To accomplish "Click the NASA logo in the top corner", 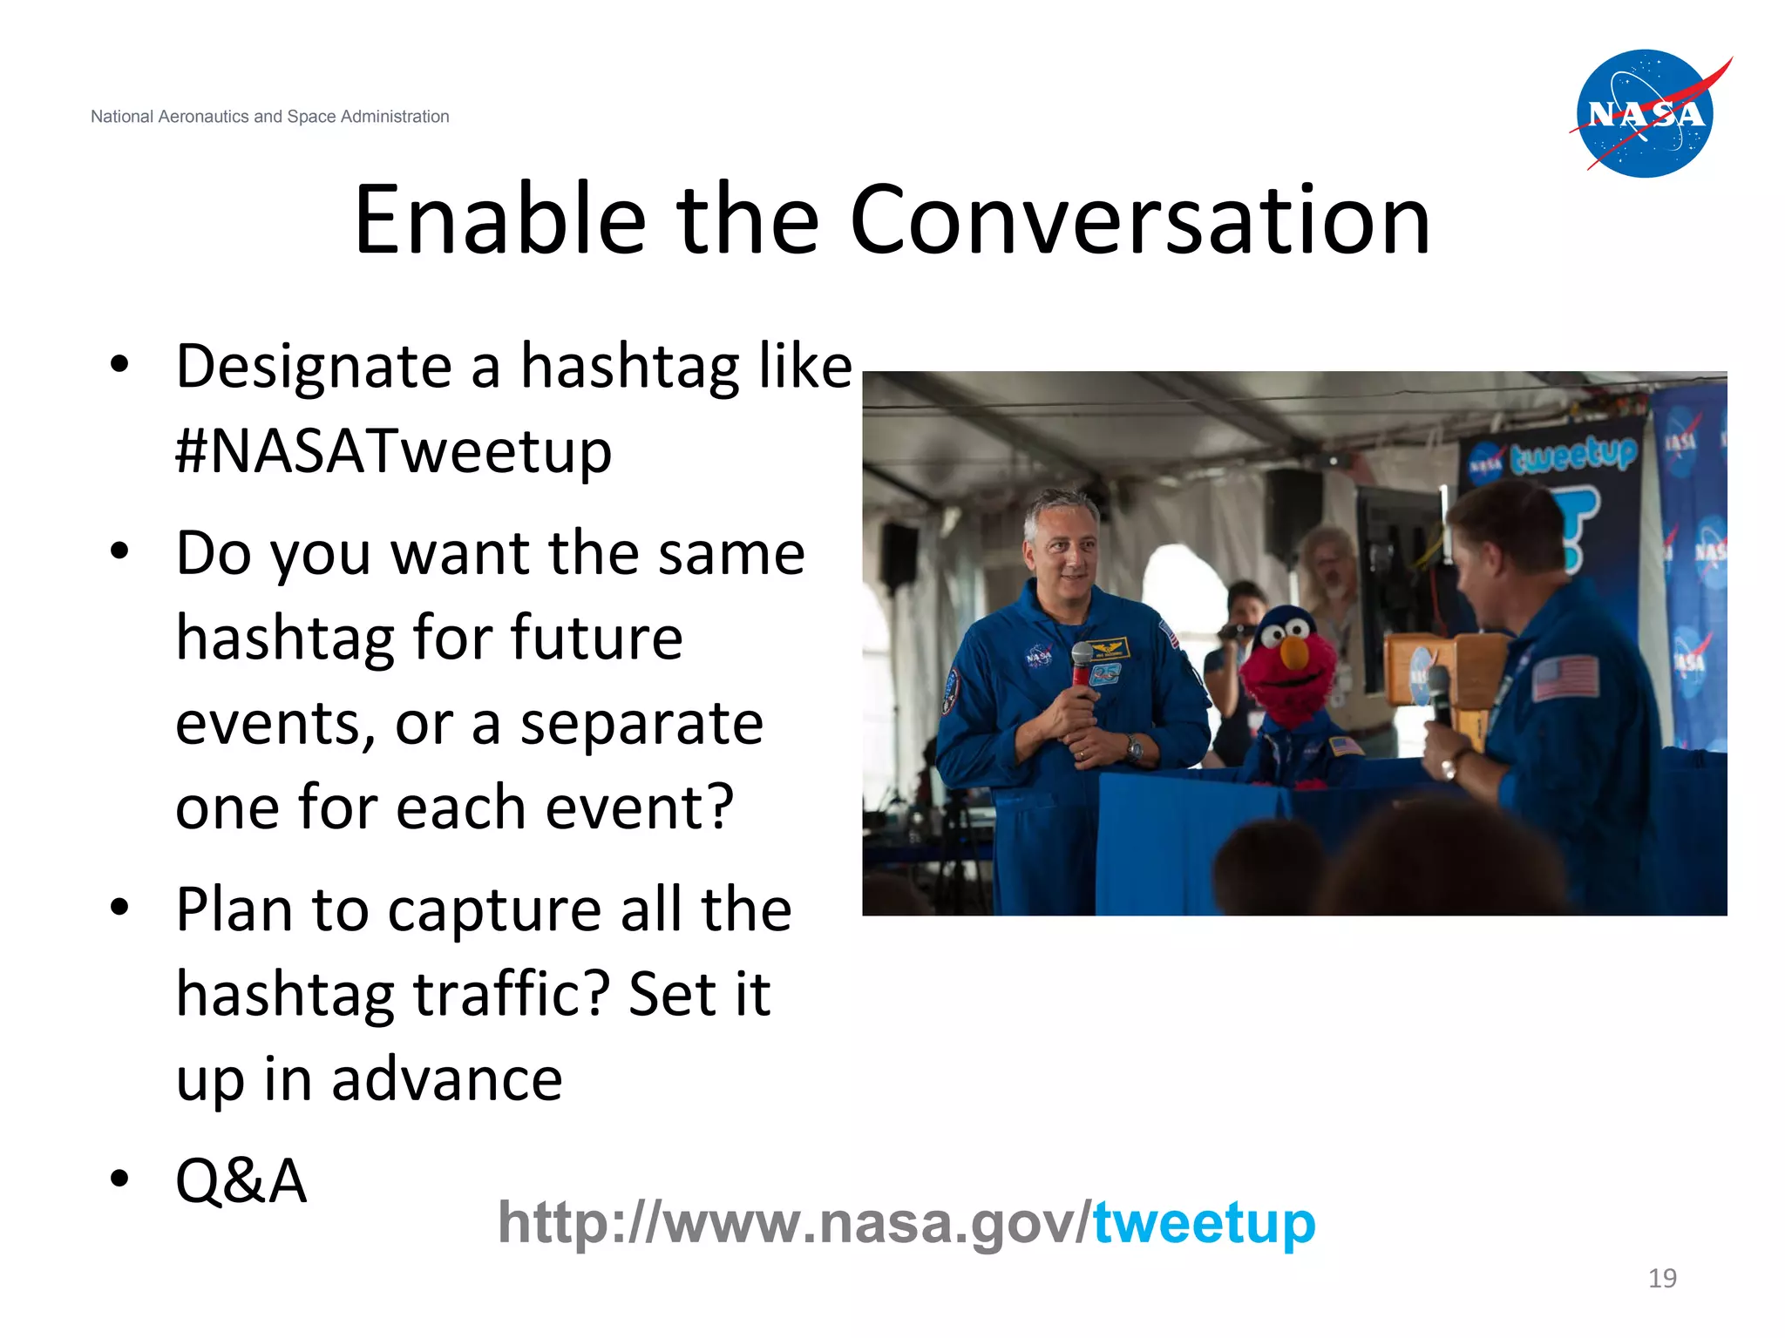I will pos(1646,114).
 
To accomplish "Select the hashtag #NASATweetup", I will pos(393,452).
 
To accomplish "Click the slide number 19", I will pos(1662,1278).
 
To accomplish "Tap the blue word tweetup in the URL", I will pos(1204,1223).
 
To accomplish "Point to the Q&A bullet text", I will pos(241,1181).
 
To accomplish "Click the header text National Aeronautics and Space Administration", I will pos(269,117).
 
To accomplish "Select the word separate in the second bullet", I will pos(641,724).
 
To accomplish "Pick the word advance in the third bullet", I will pos(446,1079).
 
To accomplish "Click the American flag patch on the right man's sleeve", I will pos(1565,678).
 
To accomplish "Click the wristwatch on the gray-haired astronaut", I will pos(1134,747).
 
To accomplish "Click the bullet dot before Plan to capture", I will pos(119,908).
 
